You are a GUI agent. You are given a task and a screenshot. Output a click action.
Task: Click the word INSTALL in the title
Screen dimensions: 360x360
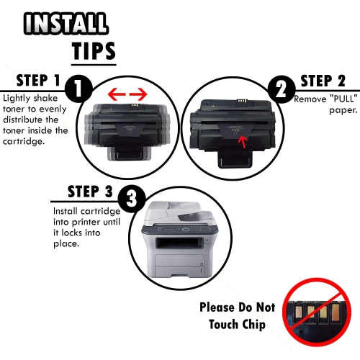(x=66, y=23)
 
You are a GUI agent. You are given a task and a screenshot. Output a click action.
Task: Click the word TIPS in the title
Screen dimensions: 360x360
(x=94, y=51)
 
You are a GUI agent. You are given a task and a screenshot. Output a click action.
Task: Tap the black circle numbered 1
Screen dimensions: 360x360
(x=78, y=89)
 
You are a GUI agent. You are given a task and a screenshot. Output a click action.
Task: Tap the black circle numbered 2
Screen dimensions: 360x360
(x=282, y=89)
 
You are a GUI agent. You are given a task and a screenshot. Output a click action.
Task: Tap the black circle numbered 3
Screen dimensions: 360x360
(x=132, y=198)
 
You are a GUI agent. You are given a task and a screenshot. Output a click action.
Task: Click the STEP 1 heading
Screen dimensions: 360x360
(x=38, y=80)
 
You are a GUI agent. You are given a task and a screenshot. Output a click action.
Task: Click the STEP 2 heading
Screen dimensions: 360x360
(x=323, y=81)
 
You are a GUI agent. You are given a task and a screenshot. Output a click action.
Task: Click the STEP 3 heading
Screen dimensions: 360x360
(x=90, y=192)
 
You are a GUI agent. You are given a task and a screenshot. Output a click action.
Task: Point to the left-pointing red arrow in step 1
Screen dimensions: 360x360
(x=117, y=94)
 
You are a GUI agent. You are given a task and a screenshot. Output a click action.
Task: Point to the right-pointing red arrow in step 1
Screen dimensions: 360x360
(x=138, y=94)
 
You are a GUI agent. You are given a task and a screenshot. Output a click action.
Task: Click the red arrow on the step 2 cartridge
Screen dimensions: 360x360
(x=243, y=142)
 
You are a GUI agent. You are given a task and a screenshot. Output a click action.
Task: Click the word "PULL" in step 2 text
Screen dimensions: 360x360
(x=343, y=99)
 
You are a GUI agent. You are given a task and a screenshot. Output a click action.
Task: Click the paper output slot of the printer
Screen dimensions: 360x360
(x=179, y=243)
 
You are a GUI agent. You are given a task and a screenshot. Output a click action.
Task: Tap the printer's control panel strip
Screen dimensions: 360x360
(x=180, y=230)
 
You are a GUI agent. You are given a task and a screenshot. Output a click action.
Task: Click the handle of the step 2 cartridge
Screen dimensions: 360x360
(x=235, y=160)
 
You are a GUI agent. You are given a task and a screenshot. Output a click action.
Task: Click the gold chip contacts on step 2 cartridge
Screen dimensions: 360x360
(x=241, y=103)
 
